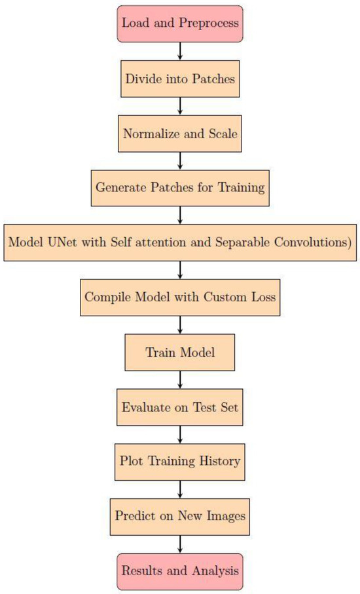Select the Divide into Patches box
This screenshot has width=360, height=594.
click(x=180, y=79)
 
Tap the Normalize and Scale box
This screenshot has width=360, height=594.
click(x=180, y=134)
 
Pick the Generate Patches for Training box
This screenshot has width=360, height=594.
click(x=180, y=188)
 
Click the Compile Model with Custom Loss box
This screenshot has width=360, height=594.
click(x=180, y=297)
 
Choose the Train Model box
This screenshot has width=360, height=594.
click(x=180, y=352)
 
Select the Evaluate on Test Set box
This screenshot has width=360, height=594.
click(x=180, y=407)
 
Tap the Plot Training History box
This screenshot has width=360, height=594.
click(x=180, y=461)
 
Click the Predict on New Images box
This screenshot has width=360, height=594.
click(x=180, y=515)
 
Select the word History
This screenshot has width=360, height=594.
click(x=219, y=461)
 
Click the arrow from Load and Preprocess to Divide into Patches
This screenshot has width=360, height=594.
click(x=180, y=51)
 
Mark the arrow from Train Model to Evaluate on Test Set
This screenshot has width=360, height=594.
click(x=180, y=379)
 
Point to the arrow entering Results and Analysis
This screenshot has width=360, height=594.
click(x=180, y=543)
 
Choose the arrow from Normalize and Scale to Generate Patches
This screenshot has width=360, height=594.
click(x=180, y=160)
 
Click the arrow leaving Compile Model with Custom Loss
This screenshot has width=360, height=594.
click(x=180, y=324)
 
